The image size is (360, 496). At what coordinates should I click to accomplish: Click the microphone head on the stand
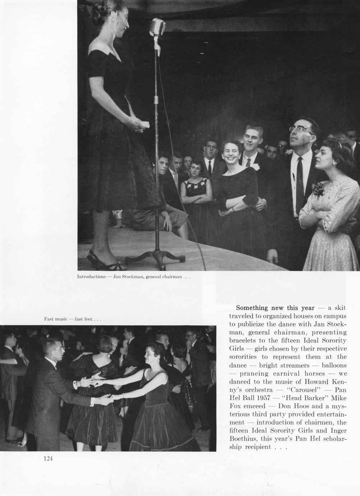click(x=157, y=28)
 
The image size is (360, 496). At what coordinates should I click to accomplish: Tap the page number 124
click(x=48, y=458)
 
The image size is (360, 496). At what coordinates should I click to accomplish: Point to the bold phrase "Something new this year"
click(x=275, y=308)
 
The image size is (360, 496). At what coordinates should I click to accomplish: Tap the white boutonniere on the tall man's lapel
click(x=256, y=166)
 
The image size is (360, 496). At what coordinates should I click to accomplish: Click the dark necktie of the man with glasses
click(x=299, y=180)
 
